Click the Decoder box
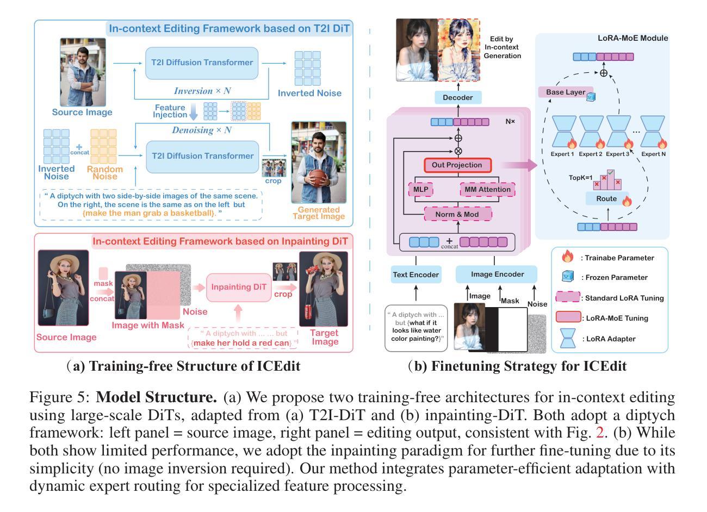tap(458, 98)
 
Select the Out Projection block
tap(457, 165)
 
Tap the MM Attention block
tap(487, 190)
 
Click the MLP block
tap(420, 190)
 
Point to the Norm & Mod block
tap(457, 214)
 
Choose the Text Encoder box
tap(415, 274)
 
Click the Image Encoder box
tap(497, 274)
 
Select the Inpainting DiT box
tap(238, 286)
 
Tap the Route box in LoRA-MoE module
tap(607, 199)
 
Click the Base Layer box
tap(566, 92)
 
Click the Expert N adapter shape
tap(653, 132)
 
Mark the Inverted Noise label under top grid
tap(309, 93)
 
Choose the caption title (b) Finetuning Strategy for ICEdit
tap(517, 366)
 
